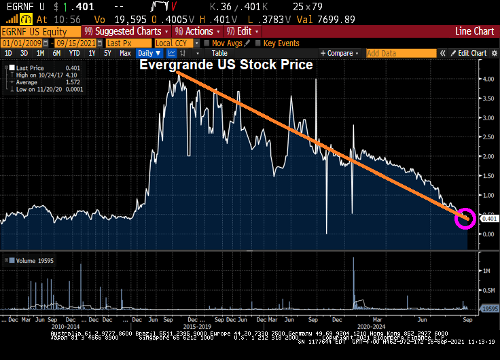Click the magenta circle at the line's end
(466, 218)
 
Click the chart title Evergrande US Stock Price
(226, 65)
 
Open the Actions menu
(198, 31)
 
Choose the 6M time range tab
(56, 53)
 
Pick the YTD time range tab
(74, 53)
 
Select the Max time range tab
(125, 53)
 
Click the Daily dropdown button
(149, 53)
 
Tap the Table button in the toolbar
(219, 53)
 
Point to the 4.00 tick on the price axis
(487, 79)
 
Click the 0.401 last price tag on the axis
(489, 219)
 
